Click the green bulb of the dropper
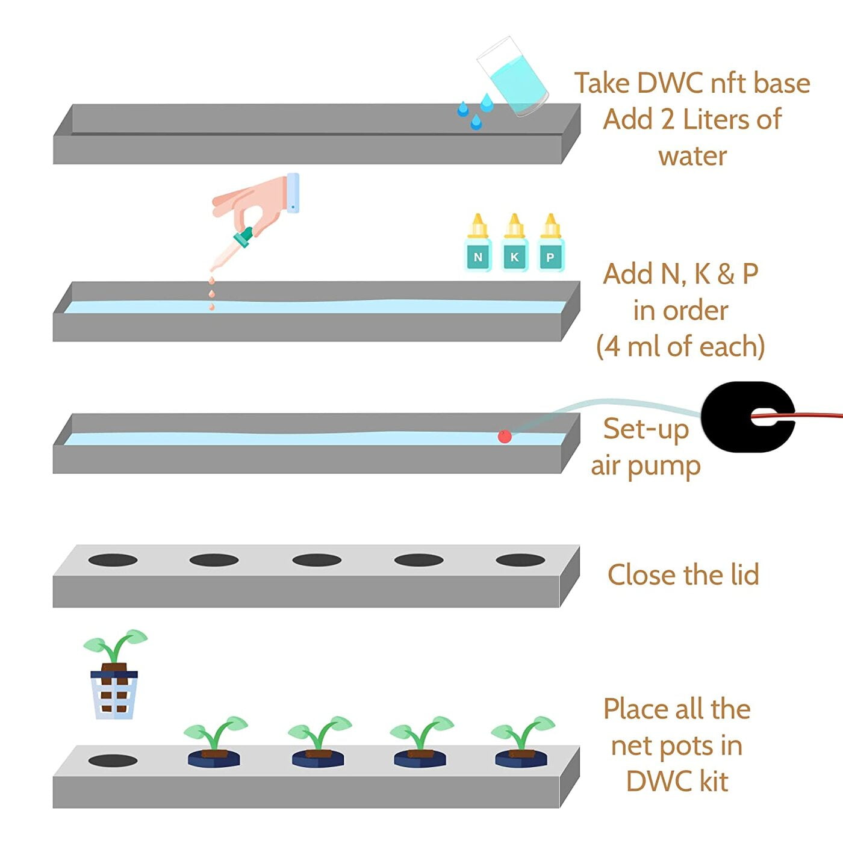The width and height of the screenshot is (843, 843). (x=244, y=237)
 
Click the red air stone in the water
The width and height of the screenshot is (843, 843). (x=505, y=436)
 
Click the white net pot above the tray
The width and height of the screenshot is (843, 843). (x=114, y=695)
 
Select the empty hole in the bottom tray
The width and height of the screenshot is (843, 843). (x=113, y=761)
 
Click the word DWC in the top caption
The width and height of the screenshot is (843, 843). (x=670, y=83)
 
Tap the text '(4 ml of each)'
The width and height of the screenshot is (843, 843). (x=680, y=347)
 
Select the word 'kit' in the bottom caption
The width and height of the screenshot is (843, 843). (x=714, y=782)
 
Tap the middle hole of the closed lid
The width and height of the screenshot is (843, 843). (x=317, y=560)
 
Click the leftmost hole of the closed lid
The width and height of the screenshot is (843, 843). (x=113, y=560)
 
